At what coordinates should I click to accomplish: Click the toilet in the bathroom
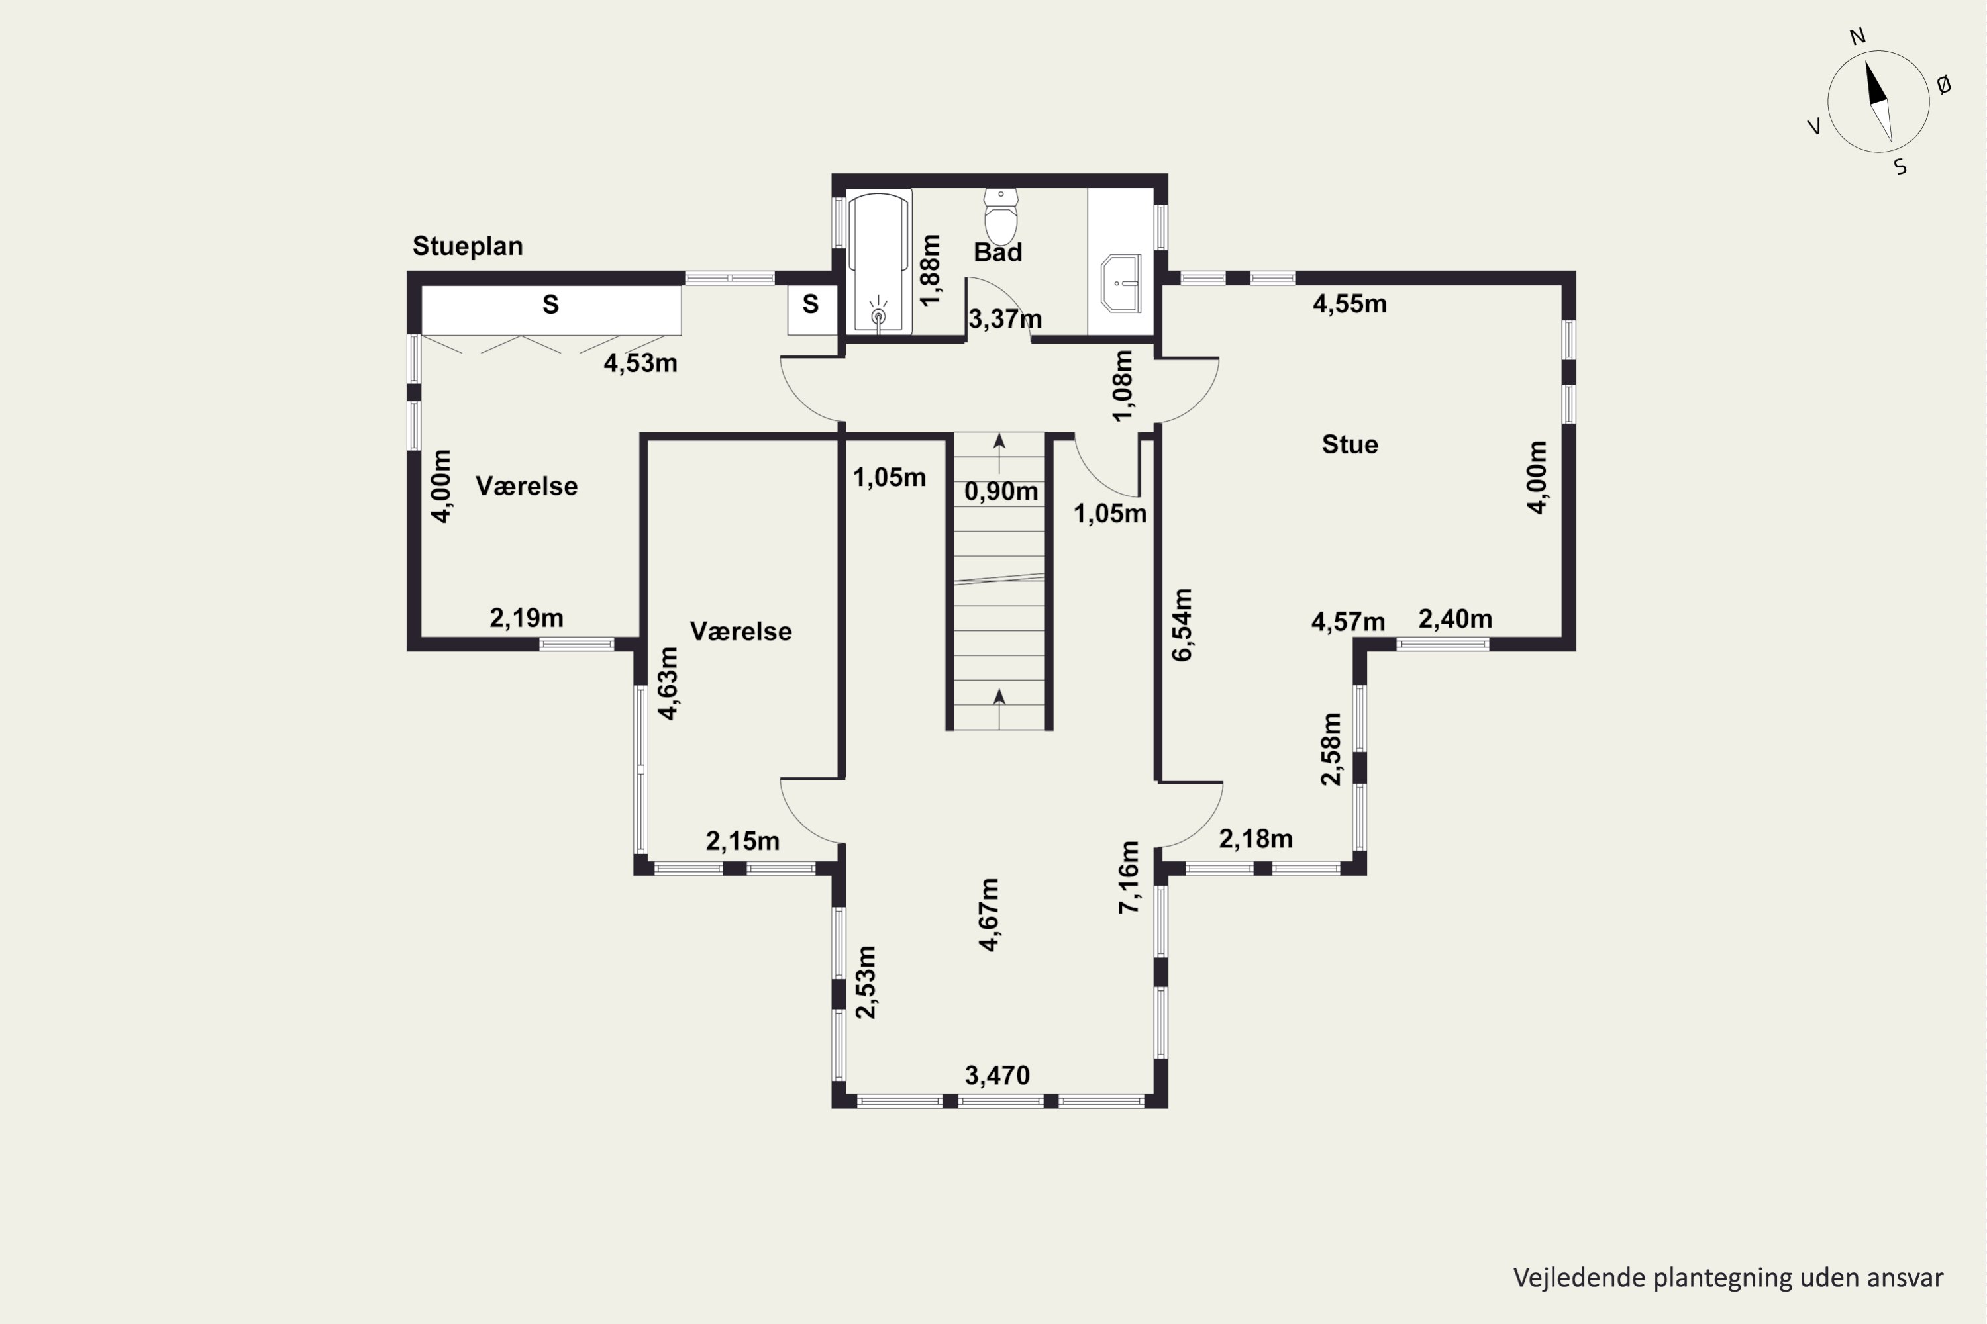point(1001,216)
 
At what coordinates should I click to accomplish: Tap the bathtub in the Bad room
point(880,261)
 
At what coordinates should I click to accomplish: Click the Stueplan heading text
point(467,246)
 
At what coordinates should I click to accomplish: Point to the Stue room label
point(1350,444)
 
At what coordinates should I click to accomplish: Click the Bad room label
point(997,252)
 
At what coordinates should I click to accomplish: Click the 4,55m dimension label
point(1349,304)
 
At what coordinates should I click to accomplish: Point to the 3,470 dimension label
point(997,1075)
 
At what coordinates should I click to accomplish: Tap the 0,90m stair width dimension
point(1001,491)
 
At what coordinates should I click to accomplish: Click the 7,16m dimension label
point(1129,877)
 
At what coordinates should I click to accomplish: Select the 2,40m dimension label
point(1454,619)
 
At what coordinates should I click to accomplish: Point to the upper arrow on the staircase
point(999,453)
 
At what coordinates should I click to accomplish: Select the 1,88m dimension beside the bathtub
point(929,270)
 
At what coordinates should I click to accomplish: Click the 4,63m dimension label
point(668,683)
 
